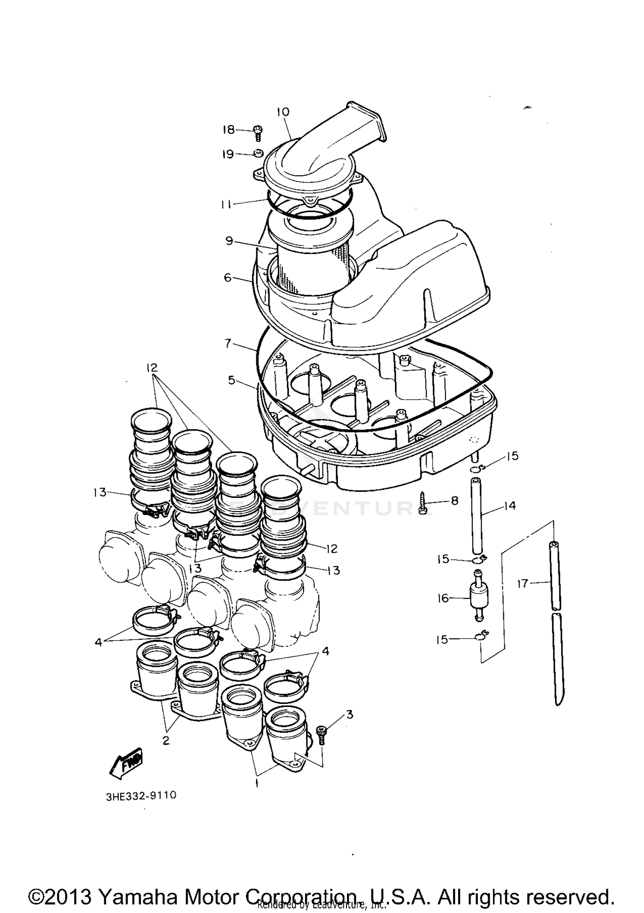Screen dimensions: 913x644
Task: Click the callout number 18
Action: click(228, 129)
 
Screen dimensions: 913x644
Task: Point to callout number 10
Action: click(283, 112)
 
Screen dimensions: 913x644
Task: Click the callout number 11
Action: click(226, 205)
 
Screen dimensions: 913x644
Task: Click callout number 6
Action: click(228, 277)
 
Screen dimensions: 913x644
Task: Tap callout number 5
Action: click(231, 380)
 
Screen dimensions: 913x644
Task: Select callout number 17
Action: click(522, 583)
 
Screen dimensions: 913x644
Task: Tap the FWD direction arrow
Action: click(127, 763)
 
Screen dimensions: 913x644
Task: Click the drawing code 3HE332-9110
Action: click(141, 795)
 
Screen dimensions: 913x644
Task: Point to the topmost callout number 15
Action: click(512, 456)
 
